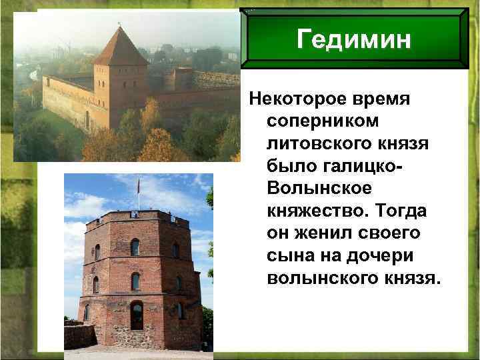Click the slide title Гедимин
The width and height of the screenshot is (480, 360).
tap(353, 41)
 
